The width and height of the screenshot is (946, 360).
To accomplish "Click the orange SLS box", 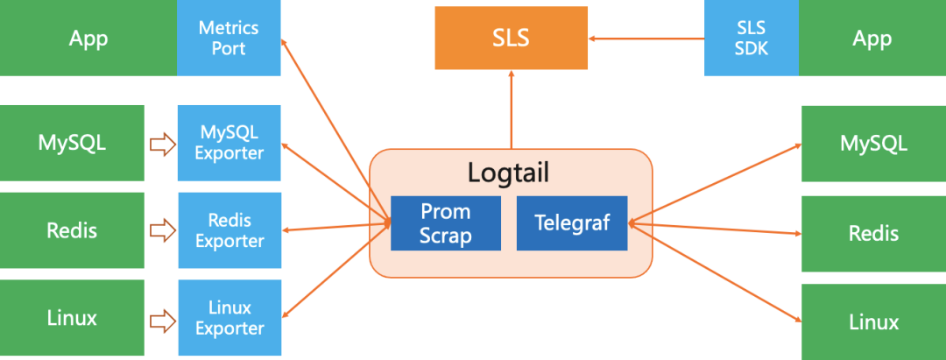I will coord(512,39).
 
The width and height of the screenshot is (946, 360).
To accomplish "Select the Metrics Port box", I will coord(229,38).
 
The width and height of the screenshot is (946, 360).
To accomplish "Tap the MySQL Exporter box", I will coord(229,143).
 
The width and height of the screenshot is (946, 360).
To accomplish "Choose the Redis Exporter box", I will coord(229,230).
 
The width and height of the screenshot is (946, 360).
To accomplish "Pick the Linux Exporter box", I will coord(229,318).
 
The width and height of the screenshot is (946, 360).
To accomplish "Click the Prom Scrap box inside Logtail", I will coord(445,223).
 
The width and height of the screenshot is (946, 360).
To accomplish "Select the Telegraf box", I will coord(572,223).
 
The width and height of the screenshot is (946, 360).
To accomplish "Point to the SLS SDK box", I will coord(751,39).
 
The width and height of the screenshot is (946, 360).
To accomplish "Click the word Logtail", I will coord(508,173).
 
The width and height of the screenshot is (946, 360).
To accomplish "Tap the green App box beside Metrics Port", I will coord(88,38).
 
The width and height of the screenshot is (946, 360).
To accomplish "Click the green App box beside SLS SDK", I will coord(872,39).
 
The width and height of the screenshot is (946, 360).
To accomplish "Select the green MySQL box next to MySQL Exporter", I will coord(72,143).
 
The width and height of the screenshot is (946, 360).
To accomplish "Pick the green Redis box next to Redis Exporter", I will coord(72,230).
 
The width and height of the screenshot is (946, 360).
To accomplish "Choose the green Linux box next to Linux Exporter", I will coord(72,317).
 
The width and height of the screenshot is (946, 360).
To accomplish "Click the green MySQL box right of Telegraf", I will coord(873,143).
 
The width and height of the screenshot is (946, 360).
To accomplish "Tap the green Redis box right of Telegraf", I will coord(873,233).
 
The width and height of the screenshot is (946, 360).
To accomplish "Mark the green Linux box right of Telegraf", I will coord(873,321).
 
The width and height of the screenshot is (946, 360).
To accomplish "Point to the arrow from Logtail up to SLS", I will coord(512,109).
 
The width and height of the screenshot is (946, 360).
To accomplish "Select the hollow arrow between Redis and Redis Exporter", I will coord(162,231).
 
